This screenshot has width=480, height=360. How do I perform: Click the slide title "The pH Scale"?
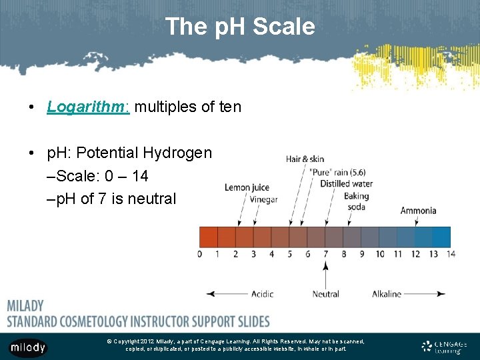pyautogui.click(x=240, y=27)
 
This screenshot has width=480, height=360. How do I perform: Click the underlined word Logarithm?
pyautogui.click(x=87, y=107)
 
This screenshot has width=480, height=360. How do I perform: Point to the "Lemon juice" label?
pyautogui.click(x=246, y=187)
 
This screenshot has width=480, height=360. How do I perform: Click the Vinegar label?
pyautogui.click(x=263, y=199)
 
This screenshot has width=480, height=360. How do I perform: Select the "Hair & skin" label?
pyautogui.click(x=305, y=159)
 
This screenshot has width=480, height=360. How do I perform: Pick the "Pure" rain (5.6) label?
pyautogui.click(x=337, y=171)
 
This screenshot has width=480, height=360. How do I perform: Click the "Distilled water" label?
pyautogui.click(x=346, y=183)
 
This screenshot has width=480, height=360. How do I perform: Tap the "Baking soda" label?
pyautogui.click(x=356, y=201)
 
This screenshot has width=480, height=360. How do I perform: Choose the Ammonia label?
pyautogui.click(x=418, y=211)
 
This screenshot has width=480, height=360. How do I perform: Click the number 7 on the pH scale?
pyautogui.click(x=325, y=254)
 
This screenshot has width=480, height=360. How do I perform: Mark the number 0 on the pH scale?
pyautogui.click(x=200, y=254)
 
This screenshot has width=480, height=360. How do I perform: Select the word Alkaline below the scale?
pyautogui.click(x=386, y=293)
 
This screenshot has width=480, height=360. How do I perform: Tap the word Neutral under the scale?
pyautogui.click(x=326, y=293)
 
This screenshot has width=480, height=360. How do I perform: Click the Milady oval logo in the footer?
pyautogui.click(x=28, y=347)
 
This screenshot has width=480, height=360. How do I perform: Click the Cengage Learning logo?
pyautogui.click(x=444, y=347)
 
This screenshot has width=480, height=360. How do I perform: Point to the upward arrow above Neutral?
pyautogui.click(x=325, y=273)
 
